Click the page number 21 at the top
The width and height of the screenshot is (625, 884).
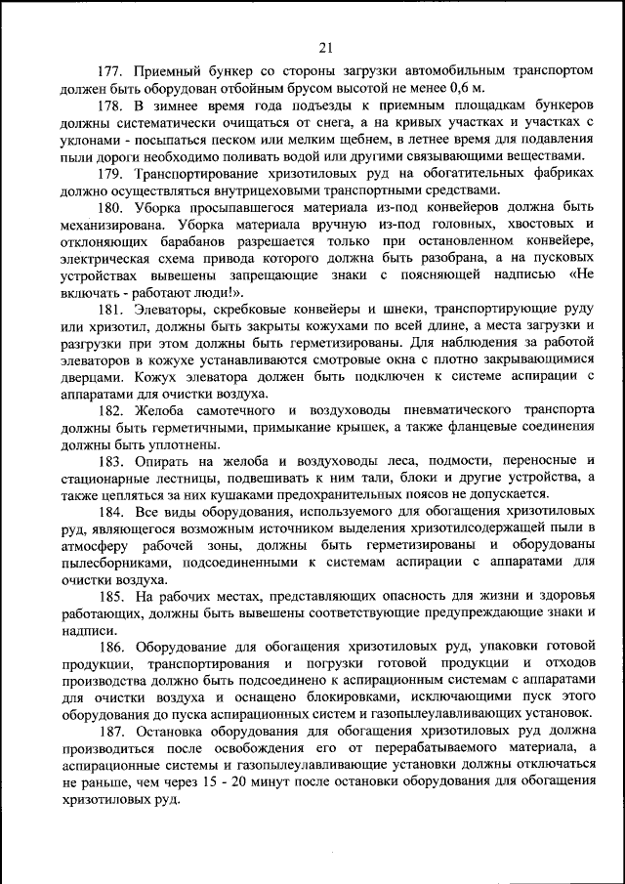[x=326, y=46]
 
